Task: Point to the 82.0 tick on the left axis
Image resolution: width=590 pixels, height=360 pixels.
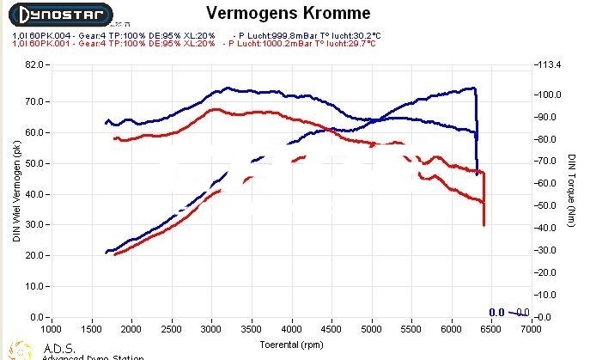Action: (x=35, y=64)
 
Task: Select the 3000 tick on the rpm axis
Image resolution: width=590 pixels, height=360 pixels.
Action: (x=211, y=329)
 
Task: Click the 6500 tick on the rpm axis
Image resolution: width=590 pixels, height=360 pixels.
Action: (x=490, y=329)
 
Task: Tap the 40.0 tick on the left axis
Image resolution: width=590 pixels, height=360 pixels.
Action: (x=35, y=194)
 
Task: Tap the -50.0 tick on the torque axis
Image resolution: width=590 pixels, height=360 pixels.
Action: (x=546, y=206)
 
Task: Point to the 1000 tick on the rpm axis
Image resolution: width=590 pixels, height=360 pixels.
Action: (x=52, y=329)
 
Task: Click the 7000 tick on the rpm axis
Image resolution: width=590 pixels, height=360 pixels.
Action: (x=530, y=329)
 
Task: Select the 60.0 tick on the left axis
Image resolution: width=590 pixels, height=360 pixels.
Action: (x=35, y=132)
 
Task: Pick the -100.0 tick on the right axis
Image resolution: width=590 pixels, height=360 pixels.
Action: (x=547, y=95)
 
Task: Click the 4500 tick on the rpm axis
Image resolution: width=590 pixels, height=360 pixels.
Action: (x=331, y=329)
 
